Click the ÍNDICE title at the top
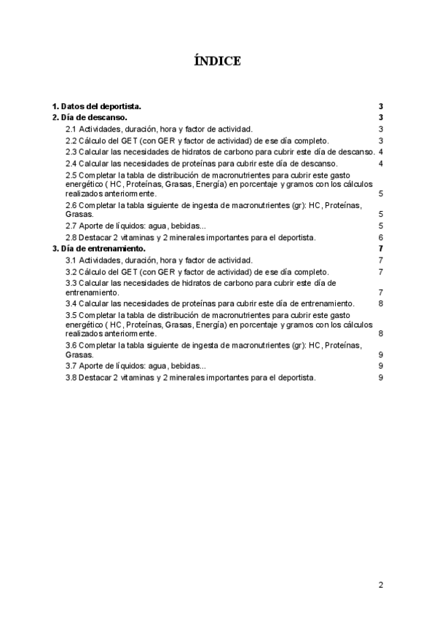pos(218,61)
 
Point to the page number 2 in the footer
pos(380,584)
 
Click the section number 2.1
pos(71,129)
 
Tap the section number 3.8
pos(71,378)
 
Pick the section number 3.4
pos(71,303)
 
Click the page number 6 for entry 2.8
pos(381,238)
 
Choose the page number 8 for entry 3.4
pos(381,303)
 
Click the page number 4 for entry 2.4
pos(381,163)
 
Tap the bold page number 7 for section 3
pos(381,249)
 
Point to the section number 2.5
pos(71,175)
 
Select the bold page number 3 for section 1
pos(381,106)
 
